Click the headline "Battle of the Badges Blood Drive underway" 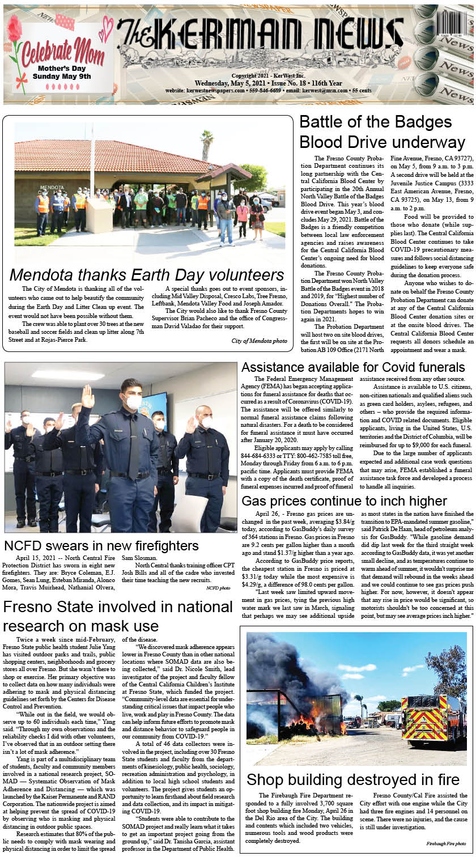pos(375,131)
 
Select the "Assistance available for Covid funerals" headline pos(353,367)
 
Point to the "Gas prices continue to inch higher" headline pos(344,501)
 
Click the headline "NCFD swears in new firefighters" pos(101,546)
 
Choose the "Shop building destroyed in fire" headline pos(353,778)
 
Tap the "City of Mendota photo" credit pos(259,341)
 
